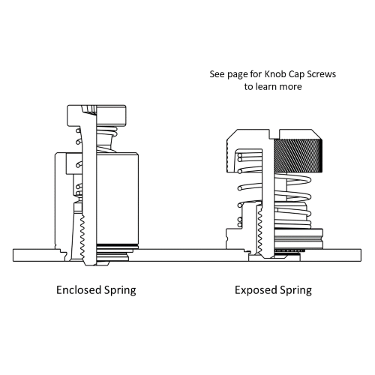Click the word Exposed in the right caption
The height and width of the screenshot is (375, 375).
click(257, 289)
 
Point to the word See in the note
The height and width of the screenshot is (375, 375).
click(217, 75)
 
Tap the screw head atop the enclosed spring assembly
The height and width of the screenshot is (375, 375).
click(97, 114)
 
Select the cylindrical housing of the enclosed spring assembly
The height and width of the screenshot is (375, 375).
click(112, 195)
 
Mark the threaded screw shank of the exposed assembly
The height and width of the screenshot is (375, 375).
click(259, 229)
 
